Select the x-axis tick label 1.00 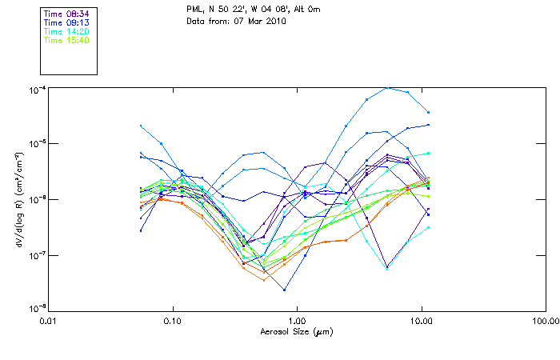coord(297,320)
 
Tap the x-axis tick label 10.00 coord(421,320)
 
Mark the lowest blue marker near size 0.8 coord(284,290)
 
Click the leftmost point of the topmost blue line coord(141,126)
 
